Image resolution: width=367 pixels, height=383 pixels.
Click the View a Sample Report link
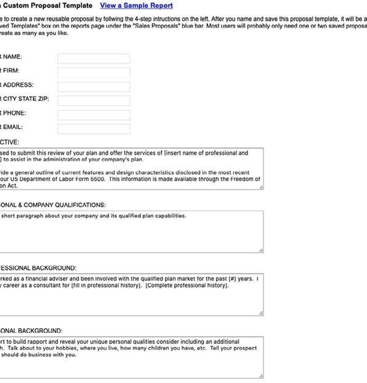tap(136, 6)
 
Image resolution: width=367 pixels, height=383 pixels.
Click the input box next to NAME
tap(94, 59)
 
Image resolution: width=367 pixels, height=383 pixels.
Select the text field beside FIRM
tap(94, 73)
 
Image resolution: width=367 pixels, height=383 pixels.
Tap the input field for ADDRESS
tap(94, 87)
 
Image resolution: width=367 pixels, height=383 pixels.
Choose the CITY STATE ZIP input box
tap(94, 101)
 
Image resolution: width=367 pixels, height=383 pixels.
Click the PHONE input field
tap(94, 115)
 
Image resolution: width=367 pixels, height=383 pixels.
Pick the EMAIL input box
tap(94, 129)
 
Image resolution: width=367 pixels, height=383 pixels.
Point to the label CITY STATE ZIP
tap(25, 99)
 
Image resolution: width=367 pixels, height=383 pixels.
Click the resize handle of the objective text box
tap(261, 187)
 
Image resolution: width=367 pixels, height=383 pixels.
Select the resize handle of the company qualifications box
tap(261, 250)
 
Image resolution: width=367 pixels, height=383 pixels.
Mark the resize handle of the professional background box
tap(261, 313)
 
